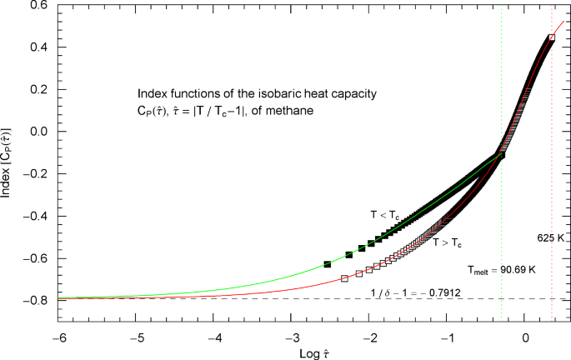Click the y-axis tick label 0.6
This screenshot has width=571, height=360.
[38, 5]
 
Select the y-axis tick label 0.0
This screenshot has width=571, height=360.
[38, 132]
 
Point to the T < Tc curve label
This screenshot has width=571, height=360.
[385, 216]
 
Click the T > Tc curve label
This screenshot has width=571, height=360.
[448, 242]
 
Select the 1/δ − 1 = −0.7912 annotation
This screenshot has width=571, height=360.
[413, 292]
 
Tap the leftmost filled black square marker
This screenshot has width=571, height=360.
[328, 264]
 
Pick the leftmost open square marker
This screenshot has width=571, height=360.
[345, 278]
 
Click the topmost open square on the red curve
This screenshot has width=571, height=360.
[551, 38]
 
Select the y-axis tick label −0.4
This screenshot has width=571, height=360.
[35, 217]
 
